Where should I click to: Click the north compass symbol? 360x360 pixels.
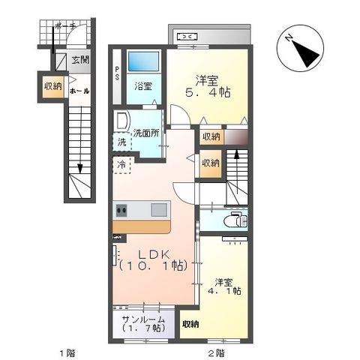(x=300, y=48)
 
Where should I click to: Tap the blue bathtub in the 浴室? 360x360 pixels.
(x=143, y=61)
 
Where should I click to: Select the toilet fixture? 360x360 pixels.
(x=235, y=219)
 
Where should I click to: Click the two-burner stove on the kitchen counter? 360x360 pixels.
(x=121, y=210)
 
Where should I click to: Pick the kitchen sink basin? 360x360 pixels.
(x=159, y=210)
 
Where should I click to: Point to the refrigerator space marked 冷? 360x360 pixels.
(x=121, y=165)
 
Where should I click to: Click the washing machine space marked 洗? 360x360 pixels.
(x=122, y=142)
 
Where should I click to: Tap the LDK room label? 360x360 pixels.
(x=154, y=255)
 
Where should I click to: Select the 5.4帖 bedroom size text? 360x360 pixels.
(x=208, y=93)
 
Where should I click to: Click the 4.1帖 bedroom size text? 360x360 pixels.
(x=224, y=291)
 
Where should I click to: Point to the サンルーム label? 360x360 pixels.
(x=143, y=319)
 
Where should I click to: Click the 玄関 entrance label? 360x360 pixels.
(x=80, y=60)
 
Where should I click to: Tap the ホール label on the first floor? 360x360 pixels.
(x=79, y=91)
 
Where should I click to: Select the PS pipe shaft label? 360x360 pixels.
(x=117, y=73)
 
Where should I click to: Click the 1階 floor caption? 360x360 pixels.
(x=67, y=353)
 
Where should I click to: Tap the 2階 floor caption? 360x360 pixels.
(x=217, y=353)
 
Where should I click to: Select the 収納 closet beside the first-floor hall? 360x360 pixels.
(x=53, y=86)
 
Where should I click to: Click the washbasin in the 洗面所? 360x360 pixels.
(x=121, y=121)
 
